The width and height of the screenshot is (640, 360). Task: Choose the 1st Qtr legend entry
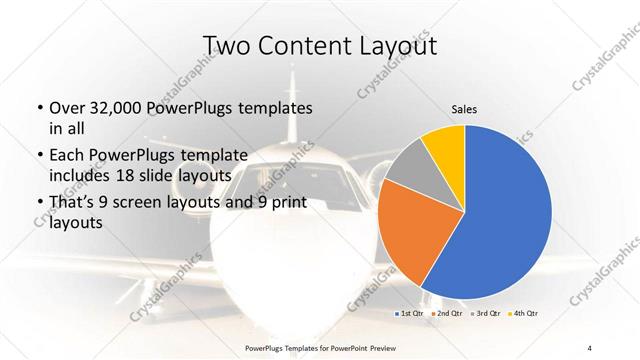coord(411,314)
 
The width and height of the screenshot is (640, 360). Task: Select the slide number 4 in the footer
coord(590,346)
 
